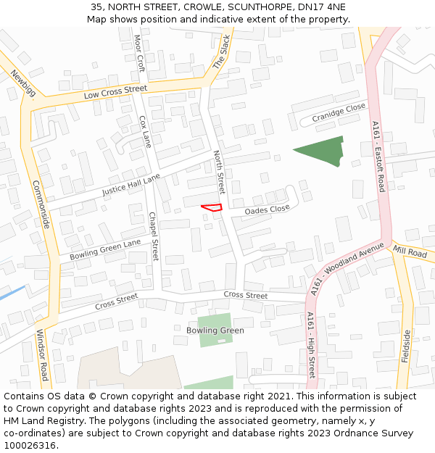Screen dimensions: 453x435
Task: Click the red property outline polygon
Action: click(211, 207)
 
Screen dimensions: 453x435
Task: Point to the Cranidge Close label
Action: click(339, 112)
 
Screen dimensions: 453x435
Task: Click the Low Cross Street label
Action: click(115, 92)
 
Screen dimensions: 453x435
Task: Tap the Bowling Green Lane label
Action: click(105, 250)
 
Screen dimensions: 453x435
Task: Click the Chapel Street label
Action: click(153, 236)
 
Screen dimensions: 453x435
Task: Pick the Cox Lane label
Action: click(144, 131)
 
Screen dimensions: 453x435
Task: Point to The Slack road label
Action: click(220, 52)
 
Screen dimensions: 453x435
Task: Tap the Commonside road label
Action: click(41, 205)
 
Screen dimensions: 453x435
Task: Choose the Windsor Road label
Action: click(41, 354)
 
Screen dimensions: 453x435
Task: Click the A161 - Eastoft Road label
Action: click(377, 157)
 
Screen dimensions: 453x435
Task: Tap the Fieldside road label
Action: click(406, 346)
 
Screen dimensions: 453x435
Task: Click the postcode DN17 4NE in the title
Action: click(320, 7)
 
